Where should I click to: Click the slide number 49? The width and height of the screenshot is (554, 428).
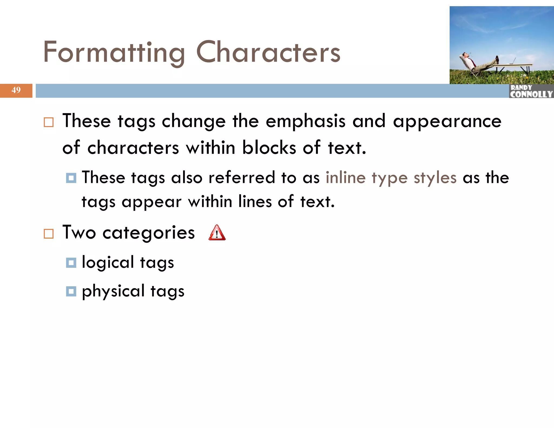pyautogui.click(x=16, y=90)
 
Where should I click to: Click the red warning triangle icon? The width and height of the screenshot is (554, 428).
pyautogui.click(x=217, y=233)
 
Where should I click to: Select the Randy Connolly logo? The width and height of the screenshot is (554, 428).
pyautogui.click(x=531, y=91)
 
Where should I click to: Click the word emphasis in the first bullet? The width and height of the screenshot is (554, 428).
pyautogui.click(x=305, y=121)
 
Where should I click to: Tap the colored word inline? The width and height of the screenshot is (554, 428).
pyautogui.click(x=345, y=178)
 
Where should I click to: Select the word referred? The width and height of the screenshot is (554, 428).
pyautogui.click(x=242, y=178)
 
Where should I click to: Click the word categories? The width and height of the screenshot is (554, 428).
pyautogui.click(x=149, y=233)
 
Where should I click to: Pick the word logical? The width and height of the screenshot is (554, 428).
pyautogui.click(x=108, y=262)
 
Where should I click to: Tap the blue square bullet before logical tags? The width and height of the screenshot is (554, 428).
pyautogui.click(x=71, y=262)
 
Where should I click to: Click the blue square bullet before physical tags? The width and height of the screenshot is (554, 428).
pyautogui.click(x=71, y=291)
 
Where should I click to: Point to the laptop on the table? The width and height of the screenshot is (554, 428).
pyautogui.click(x=512, y=61)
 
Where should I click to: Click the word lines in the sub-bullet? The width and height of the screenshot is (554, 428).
pyautogui.click(x=255, y=202)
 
